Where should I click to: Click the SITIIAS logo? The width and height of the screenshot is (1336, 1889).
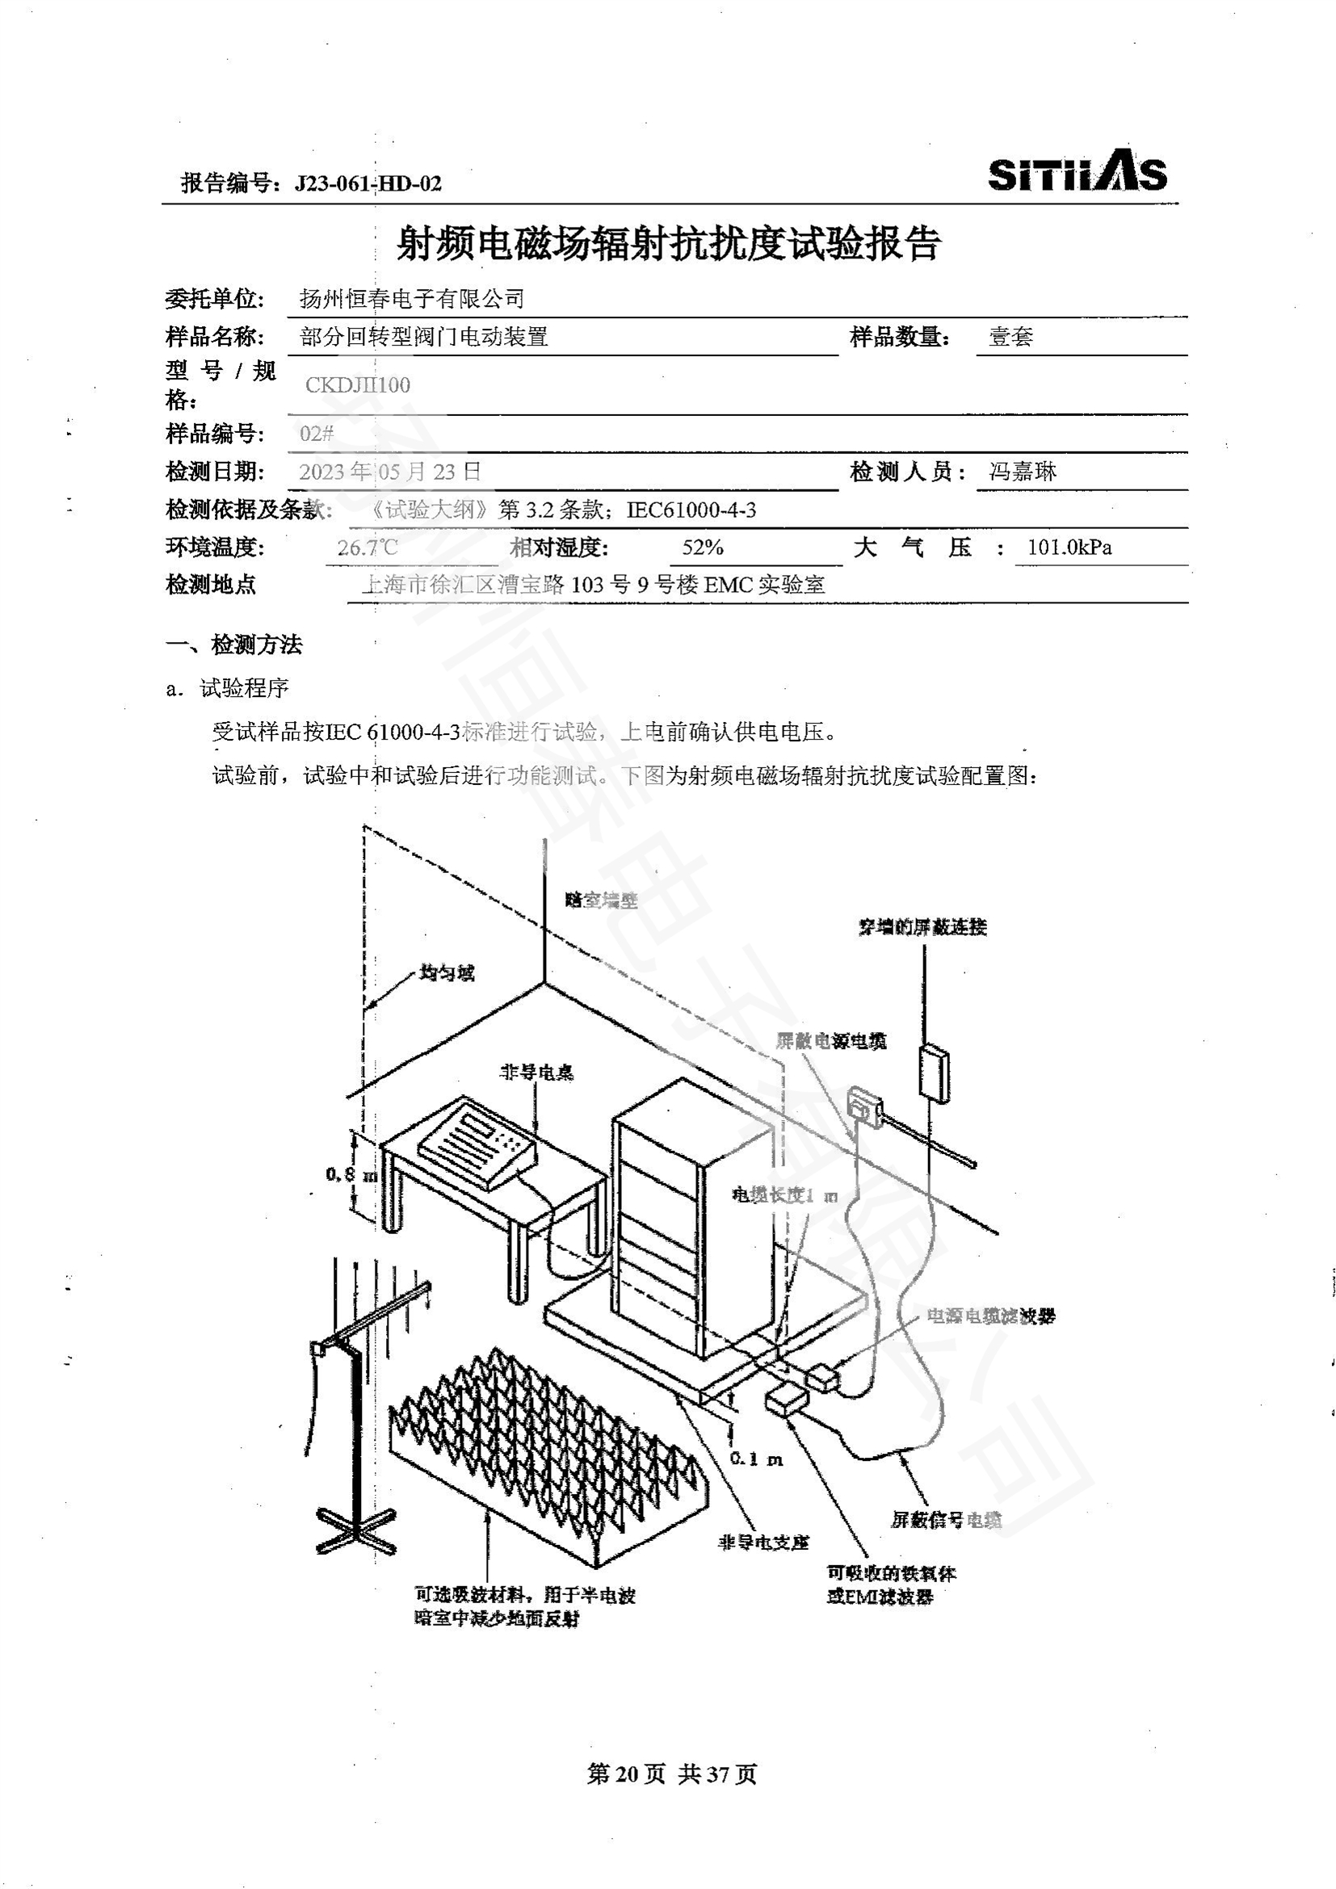(x=1076, y=172)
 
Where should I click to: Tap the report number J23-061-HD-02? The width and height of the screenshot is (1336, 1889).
(x=368, y=183)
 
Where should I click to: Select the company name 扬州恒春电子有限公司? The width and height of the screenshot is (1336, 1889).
(x=411, y=299)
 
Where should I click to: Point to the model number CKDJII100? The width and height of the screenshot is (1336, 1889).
(x=358, y=385)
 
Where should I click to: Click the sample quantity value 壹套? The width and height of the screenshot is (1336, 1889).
(x=1010, y=337)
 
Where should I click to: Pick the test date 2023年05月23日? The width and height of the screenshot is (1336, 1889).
(x=390, y=472)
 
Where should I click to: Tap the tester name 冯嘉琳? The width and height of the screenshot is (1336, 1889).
(x=1023, y=472)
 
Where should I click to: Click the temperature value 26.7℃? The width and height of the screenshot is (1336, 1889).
(x=367, y=548)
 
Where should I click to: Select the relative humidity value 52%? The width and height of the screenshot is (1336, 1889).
(x=703, y=548)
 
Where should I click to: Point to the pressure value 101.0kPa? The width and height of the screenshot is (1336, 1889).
(x=1069, y=548)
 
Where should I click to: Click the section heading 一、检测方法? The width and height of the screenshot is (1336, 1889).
(x=233, y=645)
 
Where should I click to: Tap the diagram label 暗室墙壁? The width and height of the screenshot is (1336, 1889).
(x=602, y=900)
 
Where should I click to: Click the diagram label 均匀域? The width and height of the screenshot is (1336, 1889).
(x=447, y=973)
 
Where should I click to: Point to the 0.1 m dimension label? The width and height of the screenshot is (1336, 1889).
(x=757, y=1459)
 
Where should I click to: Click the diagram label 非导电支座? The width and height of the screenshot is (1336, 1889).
(x=763, y=1543)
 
